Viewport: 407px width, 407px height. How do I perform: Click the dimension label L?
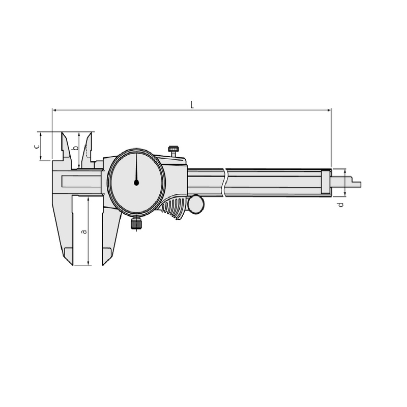pos(192,105)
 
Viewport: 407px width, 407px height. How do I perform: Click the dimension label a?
pos(84,231)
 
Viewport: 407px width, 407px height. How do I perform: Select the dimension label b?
pos(75,148)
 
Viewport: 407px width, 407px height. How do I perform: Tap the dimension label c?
pos(37,147)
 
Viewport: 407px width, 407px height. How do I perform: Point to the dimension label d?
pos(341,205)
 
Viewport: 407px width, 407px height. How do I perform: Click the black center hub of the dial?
pos(136,183)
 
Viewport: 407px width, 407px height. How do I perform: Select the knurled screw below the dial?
pos(136,223)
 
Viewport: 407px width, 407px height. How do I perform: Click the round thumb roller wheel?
pos(196,204)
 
